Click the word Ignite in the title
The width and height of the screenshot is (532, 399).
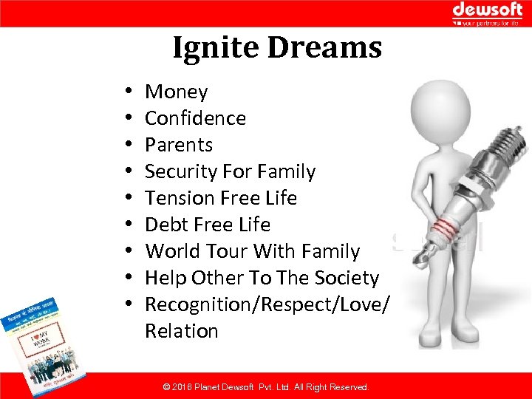point(216,48)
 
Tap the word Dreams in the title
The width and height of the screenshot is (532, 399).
point(324,48)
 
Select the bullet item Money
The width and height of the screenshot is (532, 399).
point(176,92)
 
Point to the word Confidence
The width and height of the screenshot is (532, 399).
point(195,118)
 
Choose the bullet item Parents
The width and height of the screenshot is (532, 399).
point(178,145)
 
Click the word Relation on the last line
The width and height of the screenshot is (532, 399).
point(181,331)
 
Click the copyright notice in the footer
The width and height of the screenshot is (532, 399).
point(265,387)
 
